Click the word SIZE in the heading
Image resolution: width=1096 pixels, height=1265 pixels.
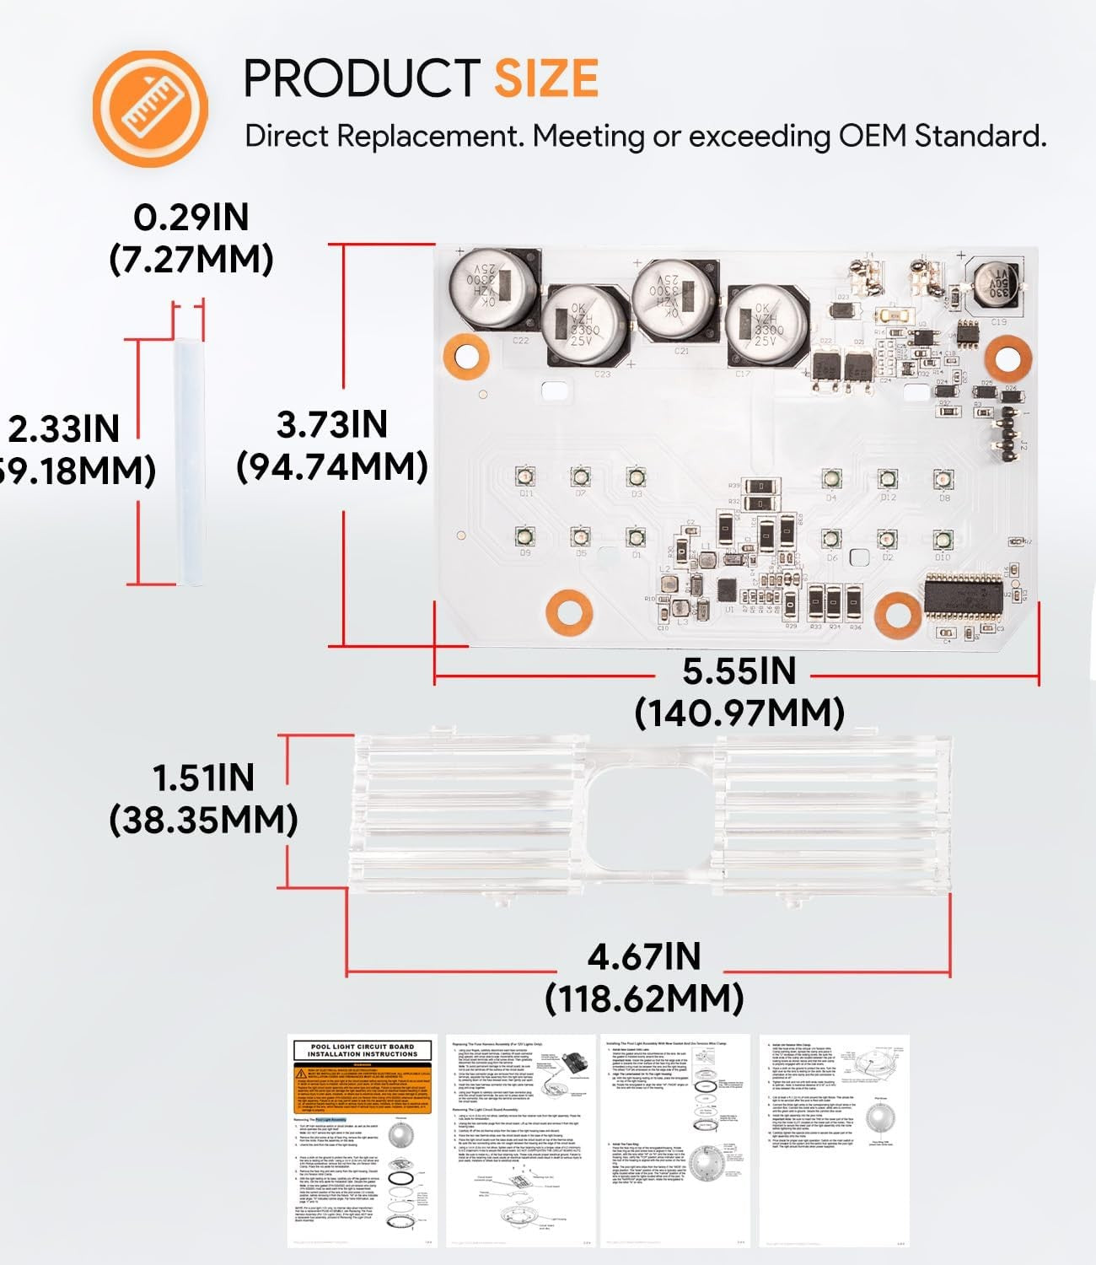[x=545, y=78]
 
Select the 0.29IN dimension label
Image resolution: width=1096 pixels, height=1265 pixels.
[x=191, y=218]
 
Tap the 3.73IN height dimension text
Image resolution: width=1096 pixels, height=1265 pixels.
[x=332, y=424]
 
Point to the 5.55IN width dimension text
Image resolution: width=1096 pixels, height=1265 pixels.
[x=739, y=672]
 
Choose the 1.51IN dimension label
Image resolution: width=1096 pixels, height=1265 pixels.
[x=203, y=778]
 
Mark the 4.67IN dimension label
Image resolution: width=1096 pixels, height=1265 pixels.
[x=644, y=957]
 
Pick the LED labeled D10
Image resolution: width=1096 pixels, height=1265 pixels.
[x=943, y=540]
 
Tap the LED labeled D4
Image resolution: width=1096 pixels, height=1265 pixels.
[x=831, y=479]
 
